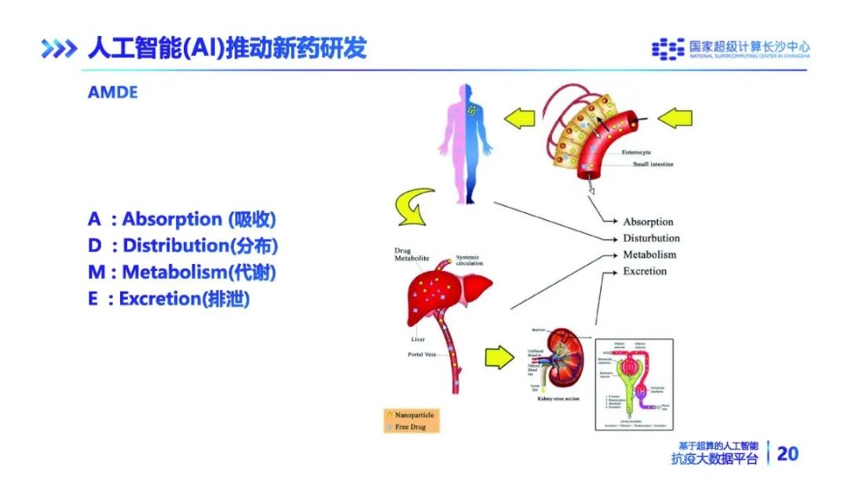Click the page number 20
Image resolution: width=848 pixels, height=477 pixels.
787,453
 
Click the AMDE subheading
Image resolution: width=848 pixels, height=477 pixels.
112,93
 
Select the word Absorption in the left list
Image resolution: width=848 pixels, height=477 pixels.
172,219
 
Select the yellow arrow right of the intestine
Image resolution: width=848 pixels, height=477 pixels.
675,119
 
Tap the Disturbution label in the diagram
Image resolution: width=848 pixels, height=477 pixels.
651,238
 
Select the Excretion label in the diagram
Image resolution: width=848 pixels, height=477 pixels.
645,271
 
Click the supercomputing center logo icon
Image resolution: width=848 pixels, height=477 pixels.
667,50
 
